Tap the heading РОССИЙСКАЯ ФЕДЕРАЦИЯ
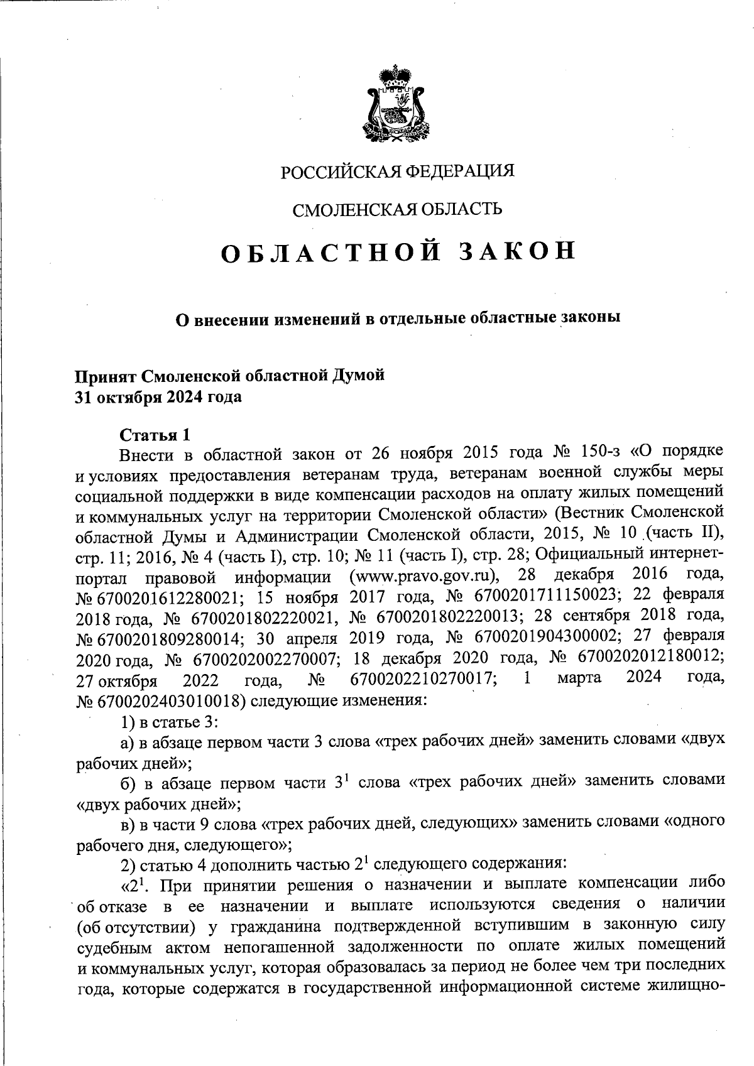pyautogui.click(x=398, y=171)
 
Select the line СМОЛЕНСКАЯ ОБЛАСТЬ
pyautogui.click(x=398, y=209)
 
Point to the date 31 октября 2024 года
pyautogui.click(x=158, y=397)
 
